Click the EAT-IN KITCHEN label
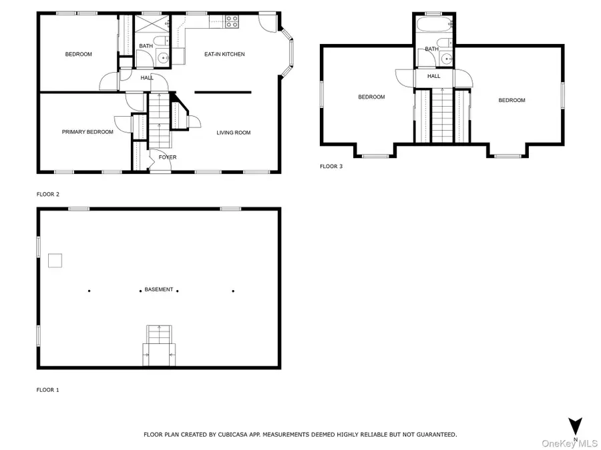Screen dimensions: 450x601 [x=224, y=54]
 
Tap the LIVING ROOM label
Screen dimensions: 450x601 [x=233, y=133]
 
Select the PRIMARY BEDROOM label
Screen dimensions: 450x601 [x=87, y=132]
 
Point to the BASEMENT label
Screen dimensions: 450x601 [x=159, y=289]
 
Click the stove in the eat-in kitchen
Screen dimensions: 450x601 [x=232, y=21]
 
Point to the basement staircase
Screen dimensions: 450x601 [x=159, y=345]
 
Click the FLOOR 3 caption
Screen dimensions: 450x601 [x=331, y=167]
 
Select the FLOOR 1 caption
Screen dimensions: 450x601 [x=47, y=389]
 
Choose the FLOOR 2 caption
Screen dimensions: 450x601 [x=47, y=194]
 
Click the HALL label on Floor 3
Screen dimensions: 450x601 [x=433, y=77]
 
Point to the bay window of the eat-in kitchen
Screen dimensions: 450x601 [x=288, y=50]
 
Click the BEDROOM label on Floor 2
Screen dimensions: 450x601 [x=78, y=54]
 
